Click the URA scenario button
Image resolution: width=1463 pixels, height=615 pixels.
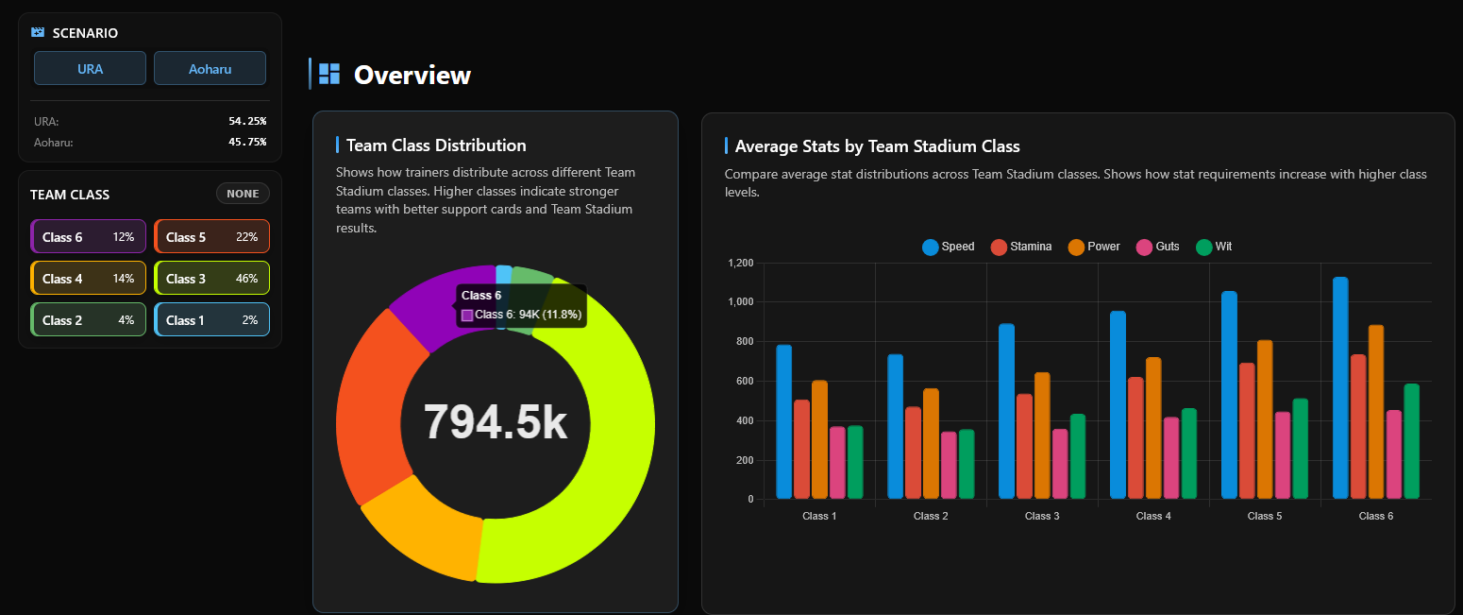[90, 68]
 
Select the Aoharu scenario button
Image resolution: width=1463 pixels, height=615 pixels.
[210, 68]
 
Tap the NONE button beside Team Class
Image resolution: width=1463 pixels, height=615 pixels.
[243, 194]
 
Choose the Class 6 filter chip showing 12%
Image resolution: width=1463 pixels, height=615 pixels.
[89, 237]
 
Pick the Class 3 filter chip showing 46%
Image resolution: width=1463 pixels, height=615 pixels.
[211, 279]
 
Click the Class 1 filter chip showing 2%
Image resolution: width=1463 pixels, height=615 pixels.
[211, 320]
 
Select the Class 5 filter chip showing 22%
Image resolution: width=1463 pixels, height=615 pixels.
[211, 237]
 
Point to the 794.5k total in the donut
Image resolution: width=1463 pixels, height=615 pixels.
[496, 421]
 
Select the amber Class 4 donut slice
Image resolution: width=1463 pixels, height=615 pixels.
[425, 529]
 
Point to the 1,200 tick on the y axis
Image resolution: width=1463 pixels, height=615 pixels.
[741, 263]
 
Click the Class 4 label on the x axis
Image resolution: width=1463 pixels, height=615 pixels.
[1149, 516]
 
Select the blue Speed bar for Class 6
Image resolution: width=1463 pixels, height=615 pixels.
[1340, 387]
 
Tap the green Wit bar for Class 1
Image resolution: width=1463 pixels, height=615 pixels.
[855, 462]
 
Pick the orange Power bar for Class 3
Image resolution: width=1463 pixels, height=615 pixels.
[1042, 436]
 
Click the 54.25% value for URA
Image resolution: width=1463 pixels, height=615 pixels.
[247, 122]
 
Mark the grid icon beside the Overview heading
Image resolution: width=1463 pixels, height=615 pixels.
[329, 74]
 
